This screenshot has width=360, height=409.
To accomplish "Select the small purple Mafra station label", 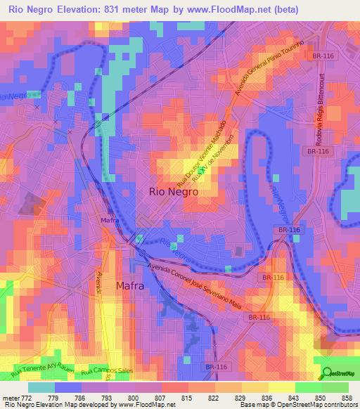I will (109, 220).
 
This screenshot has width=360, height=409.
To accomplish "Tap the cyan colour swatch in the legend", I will (41, 387).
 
